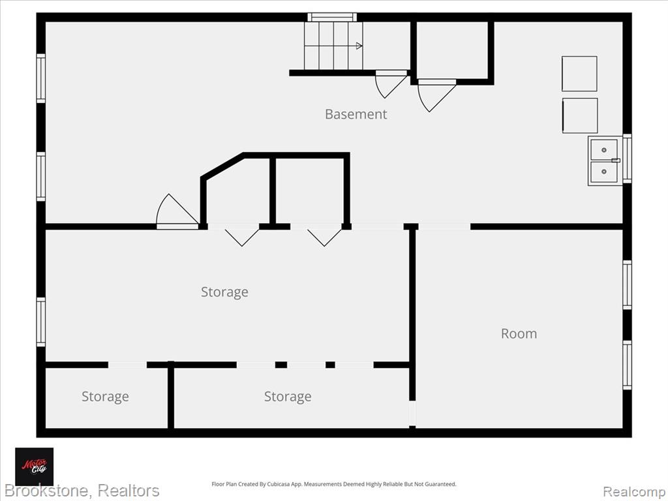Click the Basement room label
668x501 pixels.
(x=356, y=114)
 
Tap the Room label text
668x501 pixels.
(x=519, y=333)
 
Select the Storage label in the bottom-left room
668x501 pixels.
(x=105, y=397)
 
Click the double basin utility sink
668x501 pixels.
(x=605, y=160)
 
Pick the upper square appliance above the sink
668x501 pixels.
(x=579, y=74)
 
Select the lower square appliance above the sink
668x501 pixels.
(x=580, y=116)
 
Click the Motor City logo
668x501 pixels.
(x=35, y=466)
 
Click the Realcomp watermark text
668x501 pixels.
(x=634, y=492)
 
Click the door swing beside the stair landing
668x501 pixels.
(x=390, y=84)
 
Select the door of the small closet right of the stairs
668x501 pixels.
(x=436, y=95)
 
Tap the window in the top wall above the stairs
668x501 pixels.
(x=332, y=17)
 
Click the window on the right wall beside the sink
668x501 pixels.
(x=627, y=159)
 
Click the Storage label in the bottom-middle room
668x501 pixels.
(x=288, y=397)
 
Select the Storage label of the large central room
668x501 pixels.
(x=224, y=292)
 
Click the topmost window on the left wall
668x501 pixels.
(x=41, y=78)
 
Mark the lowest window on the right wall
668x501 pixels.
(x=627, y=365)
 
